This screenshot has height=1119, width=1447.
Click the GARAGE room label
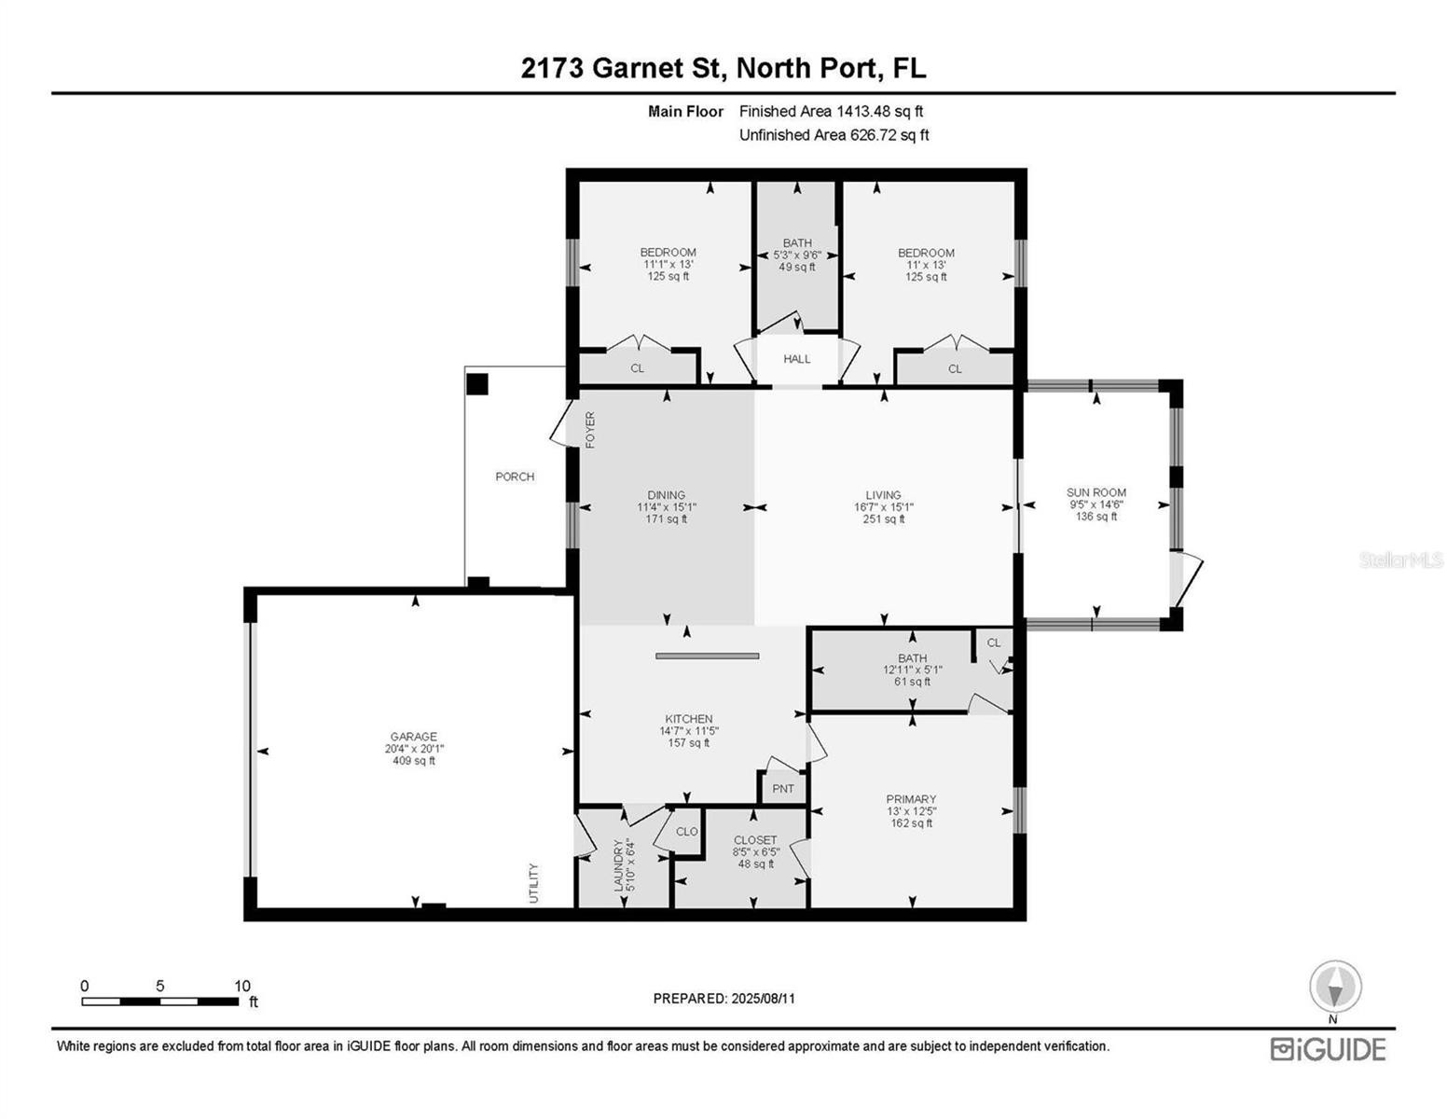[413, 737]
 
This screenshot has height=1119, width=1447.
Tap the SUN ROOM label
[1096, 492]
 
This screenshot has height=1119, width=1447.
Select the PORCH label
[515, 477]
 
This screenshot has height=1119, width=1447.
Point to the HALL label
[796, 359]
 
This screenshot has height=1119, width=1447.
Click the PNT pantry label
[783, 789]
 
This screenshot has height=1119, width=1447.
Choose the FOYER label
[590, 430]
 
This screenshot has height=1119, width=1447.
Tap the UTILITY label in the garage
[533, 883]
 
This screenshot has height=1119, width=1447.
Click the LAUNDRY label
[618, 865]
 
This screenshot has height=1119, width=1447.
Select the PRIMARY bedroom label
[911, 799]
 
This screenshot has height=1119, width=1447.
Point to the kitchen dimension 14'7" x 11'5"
[689, 731]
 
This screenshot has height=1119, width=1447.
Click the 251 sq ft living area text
[884, 519]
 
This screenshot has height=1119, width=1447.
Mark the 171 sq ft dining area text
[666, 519]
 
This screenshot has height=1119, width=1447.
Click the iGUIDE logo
[1329, 1050]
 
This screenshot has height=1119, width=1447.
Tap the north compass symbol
[1335, 987]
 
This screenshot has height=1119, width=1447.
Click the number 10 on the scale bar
[241, 986]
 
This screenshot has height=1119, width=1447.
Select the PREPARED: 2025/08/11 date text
[723, 999]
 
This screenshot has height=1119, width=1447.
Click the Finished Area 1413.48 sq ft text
[831, 112]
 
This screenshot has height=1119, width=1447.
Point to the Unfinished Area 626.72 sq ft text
[834, 135]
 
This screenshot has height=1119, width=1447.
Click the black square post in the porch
[476, 384]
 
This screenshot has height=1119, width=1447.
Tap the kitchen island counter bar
[708, 656]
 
